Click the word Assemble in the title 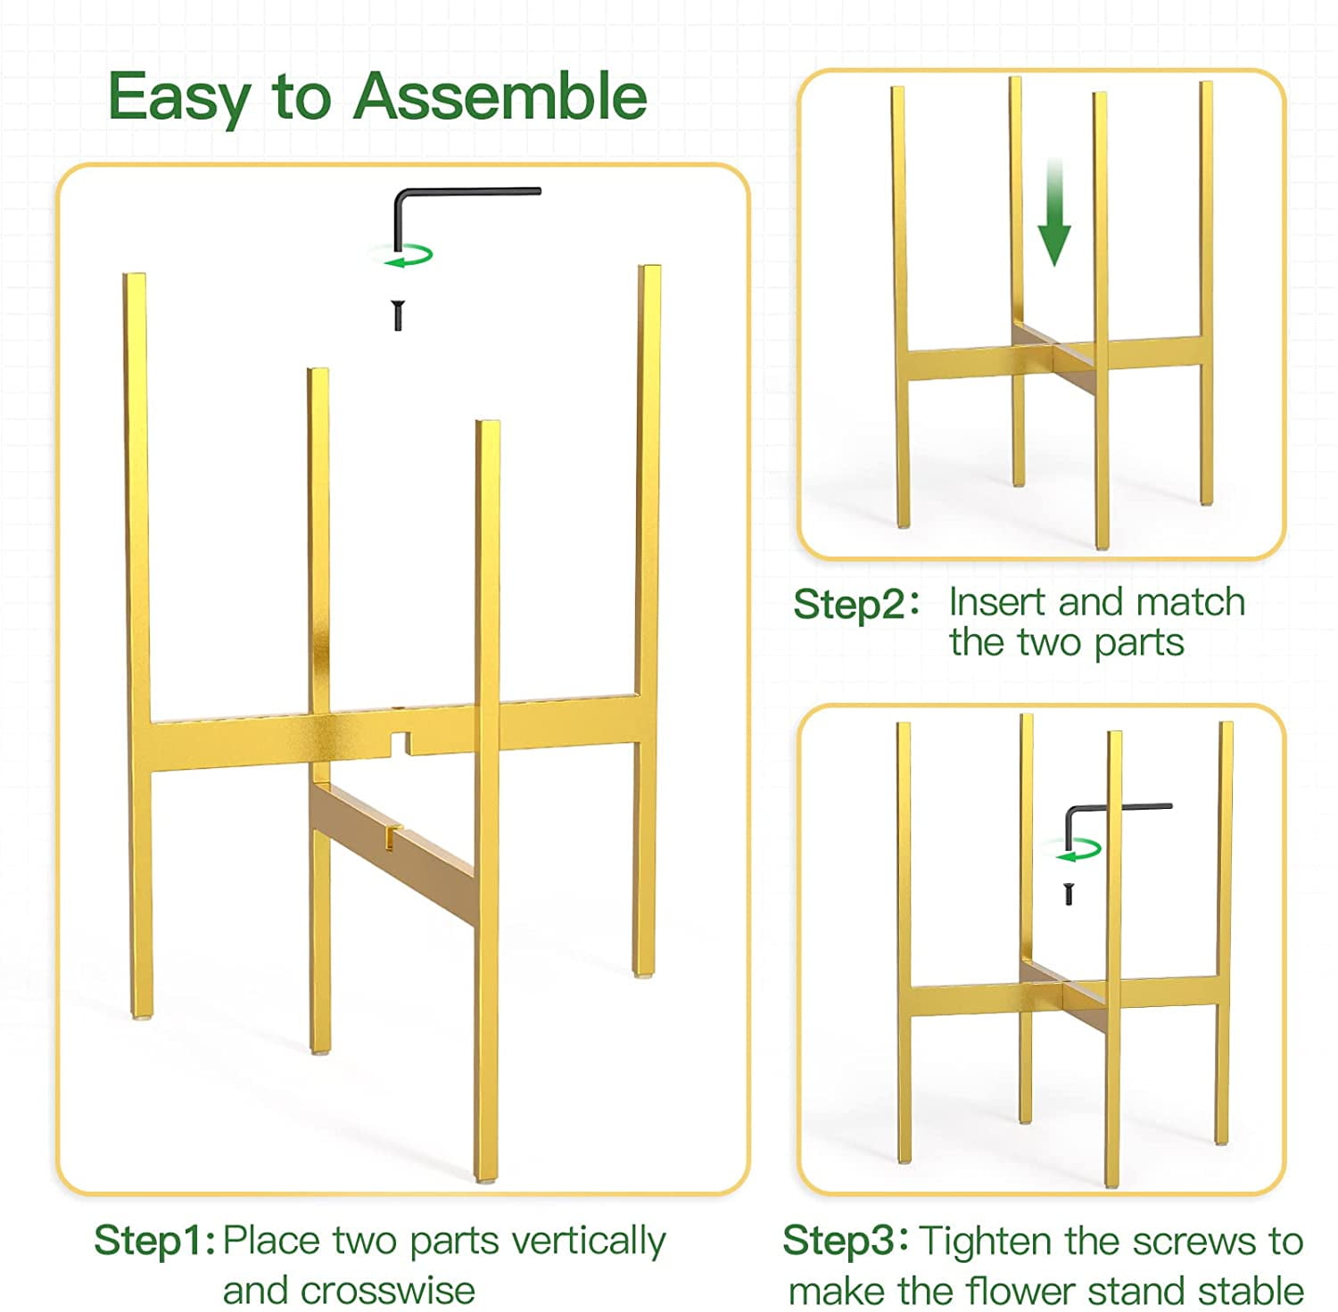point(500,96)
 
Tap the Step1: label point(154,1241)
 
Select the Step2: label point(855,604)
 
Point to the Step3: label point(845,1241)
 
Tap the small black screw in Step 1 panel point(398,316)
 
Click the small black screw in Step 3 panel point(1069,893)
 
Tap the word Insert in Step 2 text point(997,602)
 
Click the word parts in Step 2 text point(1138,643)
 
